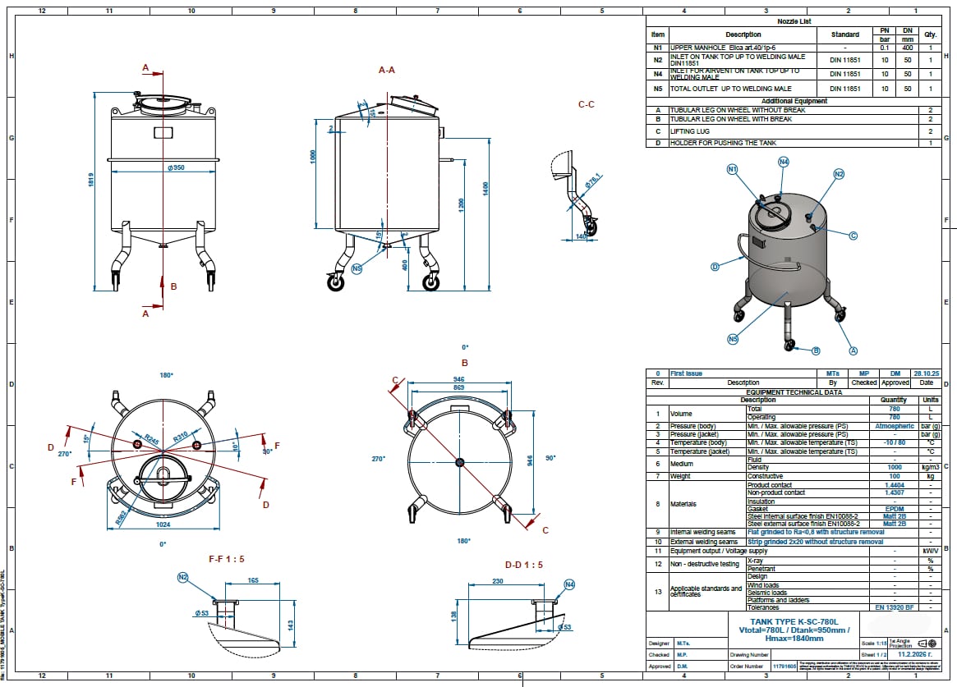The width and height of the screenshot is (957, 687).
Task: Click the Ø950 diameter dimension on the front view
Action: [x=174, y=168]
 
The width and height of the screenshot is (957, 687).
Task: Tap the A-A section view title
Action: [x=387, y=71]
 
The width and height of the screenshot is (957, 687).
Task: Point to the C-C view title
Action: [x=587, y=104]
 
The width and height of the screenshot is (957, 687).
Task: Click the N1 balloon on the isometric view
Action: [x=733, y=169]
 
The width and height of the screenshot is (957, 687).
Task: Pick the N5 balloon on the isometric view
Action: [x=733, y=338]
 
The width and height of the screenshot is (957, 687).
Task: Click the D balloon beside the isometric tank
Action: [x=715, y=266]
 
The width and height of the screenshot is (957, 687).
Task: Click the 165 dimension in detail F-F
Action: [x=253, y=581]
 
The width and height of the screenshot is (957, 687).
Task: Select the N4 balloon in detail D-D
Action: [x=569, y=584]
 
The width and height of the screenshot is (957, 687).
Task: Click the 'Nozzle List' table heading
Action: [x=794, y=22]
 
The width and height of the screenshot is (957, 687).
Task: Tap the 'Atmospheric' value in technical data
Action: [x=894, y=426]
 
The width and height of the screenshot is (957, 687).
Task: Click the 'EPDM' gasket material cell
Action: [x=894, y=509]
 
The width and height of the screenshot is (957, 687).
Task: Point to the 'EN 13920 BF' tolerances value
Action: [x=894, y=607]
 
